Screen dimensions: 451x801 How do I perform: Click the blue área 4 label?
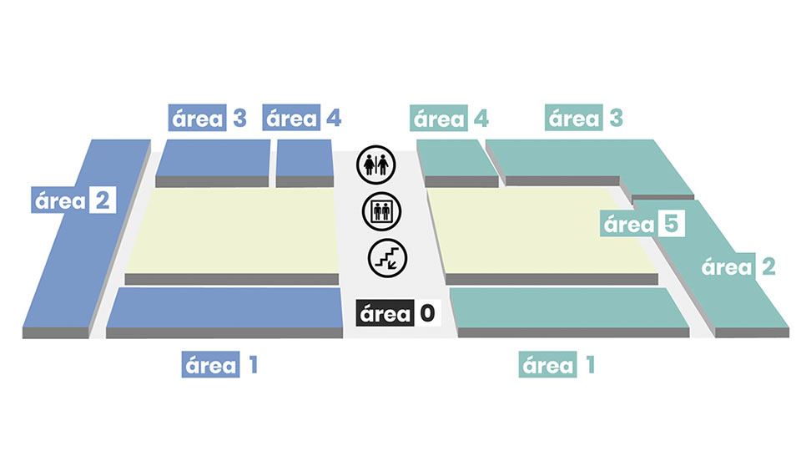click(x=302, y=119)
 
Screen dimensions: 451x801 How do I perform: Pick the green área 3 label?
click(x=585, y=119)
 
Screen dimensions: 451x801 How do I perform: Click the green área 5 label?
click(x=643, y=225)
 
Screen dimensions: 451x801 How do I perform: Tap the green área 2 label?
click(x=738, y=267)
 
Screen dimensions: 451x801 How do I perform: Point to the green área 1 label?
click(x=557, y=365)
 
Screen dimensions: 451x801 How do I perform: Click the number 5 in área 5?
click(x=672, y=225)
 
